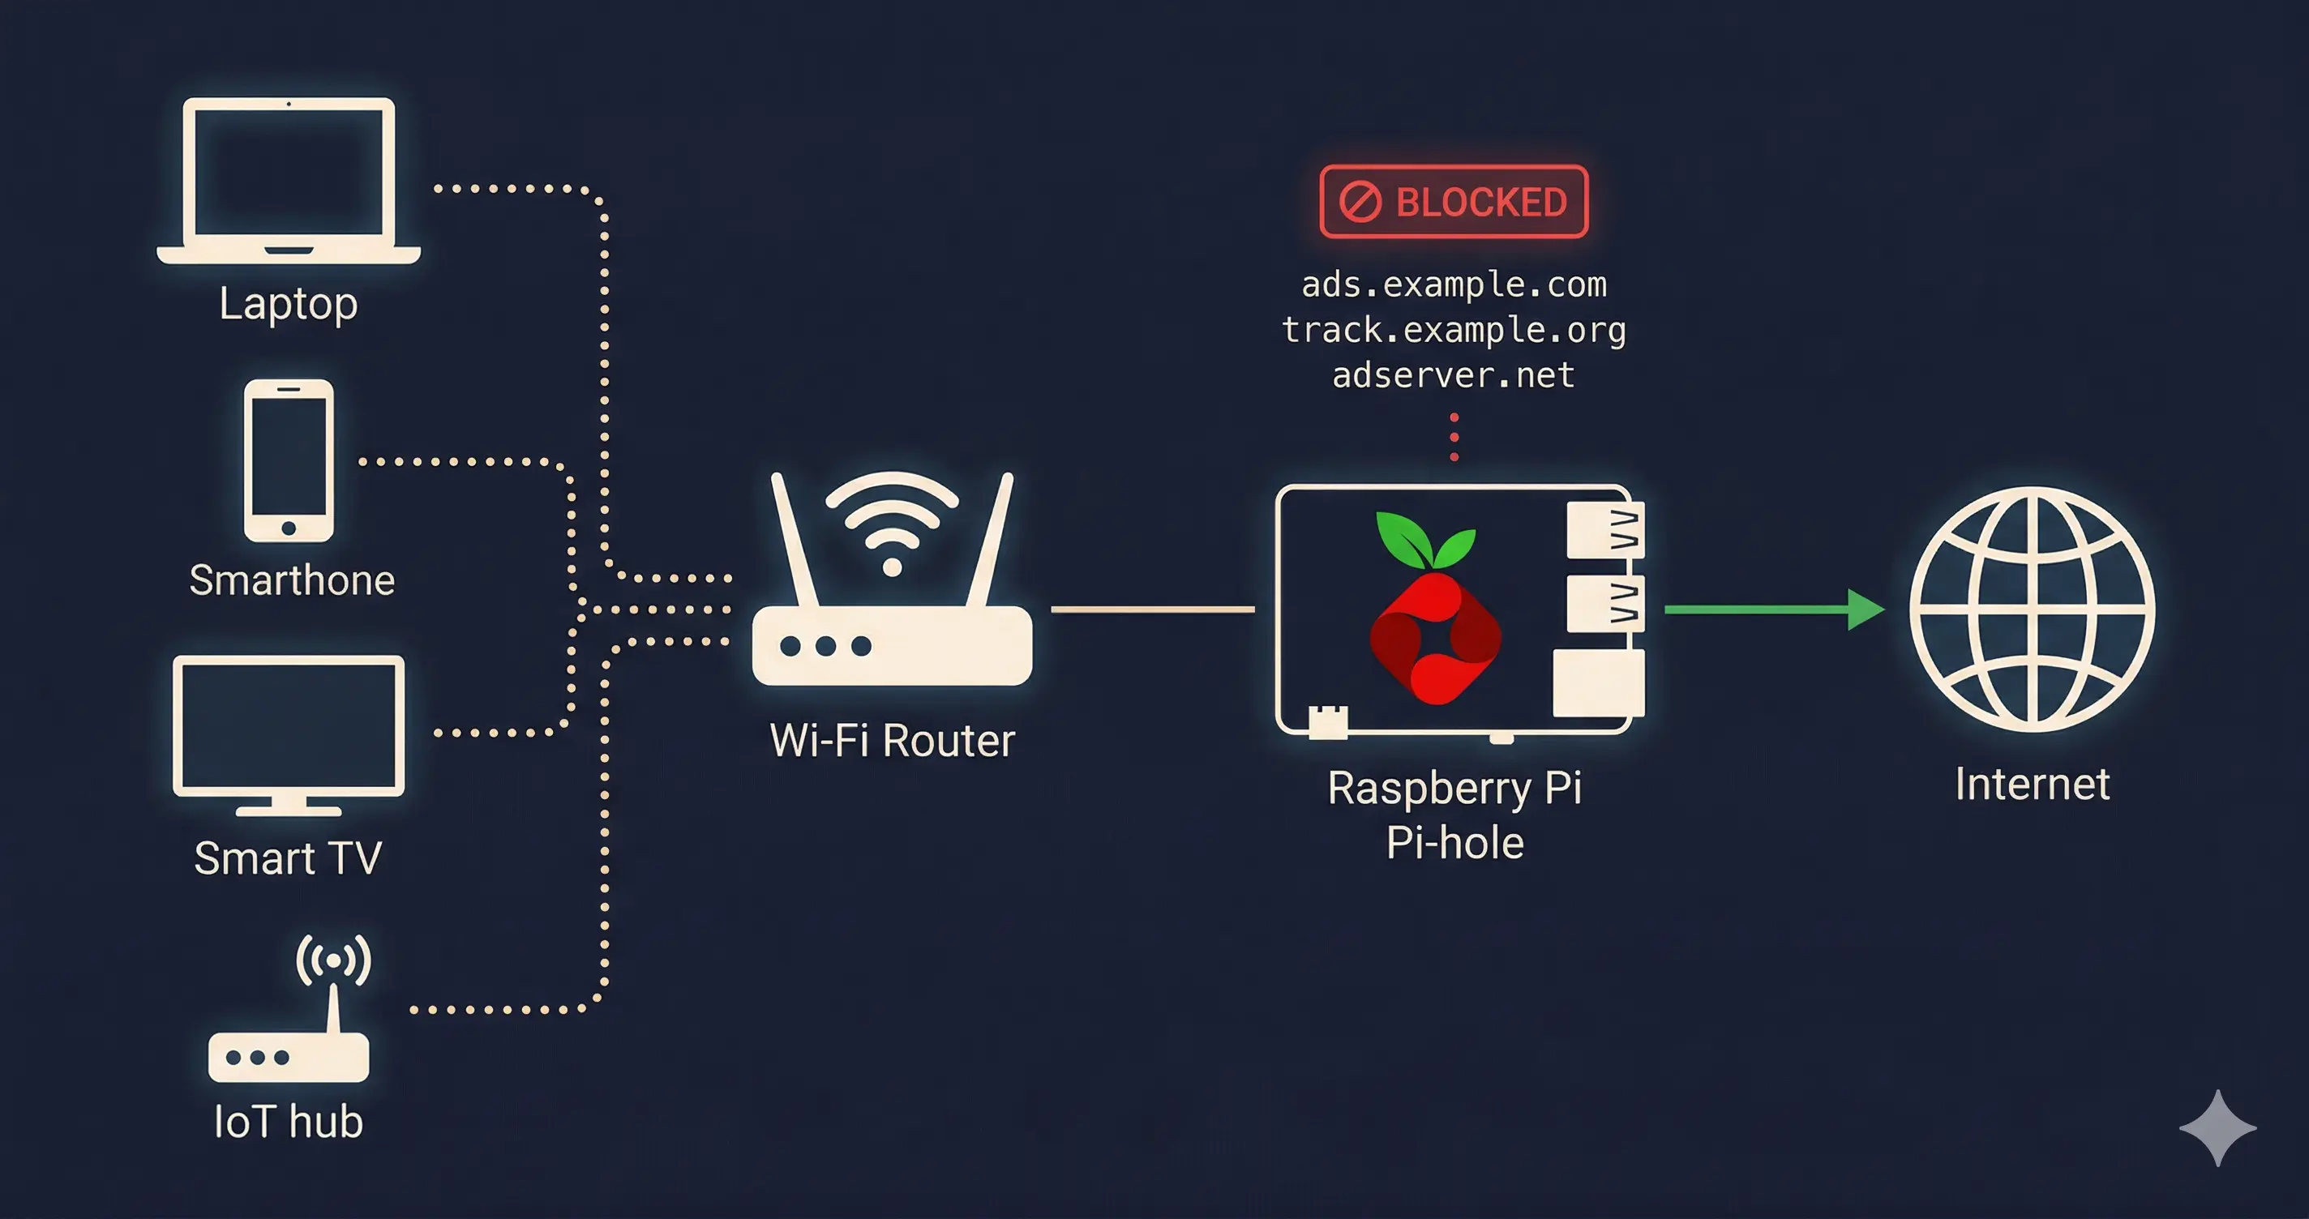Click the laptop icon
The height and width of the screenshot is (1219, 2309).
(x=289, y=179)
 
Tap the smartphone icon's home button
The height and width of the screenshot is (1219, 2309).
(x=289, y=528)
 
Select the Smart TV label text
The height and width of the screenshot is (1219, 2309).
(x=288, y=858)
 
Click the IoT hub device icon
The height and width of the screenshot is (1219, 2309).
(x=289, y=1031)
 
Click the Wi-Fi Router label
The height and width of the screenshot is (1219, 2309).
(x=892, y=740)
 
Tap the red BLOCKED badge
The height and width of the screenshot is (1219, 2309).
(x=1453, y=202)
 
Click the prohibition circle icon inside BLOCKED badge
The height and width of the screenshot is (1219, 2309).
(x=1360, y=202)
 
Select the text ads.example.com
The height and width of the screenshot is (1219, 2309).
(x=1453, y=285)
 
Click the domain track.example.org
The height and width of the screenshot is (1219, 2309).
(x=1453, y=330)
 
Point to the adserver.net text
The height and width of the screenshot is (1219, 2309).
(x=1453, y=374)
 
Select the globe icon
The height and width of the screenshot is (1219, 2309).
(x=2032, y=609)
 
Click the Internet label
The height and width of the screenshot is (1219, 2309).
(x=2032, y=785)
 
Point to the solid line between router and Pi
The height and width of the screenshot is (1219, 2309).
(x=1153, y=609)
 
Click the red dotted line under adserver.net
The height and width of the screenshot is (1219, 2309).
(x=1454, y=438)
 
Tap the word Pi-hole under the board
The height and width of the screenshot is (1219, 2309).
(x=1454, y=844)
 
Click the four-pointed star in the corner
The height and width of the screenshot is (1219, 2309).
(x=2217, y=1127)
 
